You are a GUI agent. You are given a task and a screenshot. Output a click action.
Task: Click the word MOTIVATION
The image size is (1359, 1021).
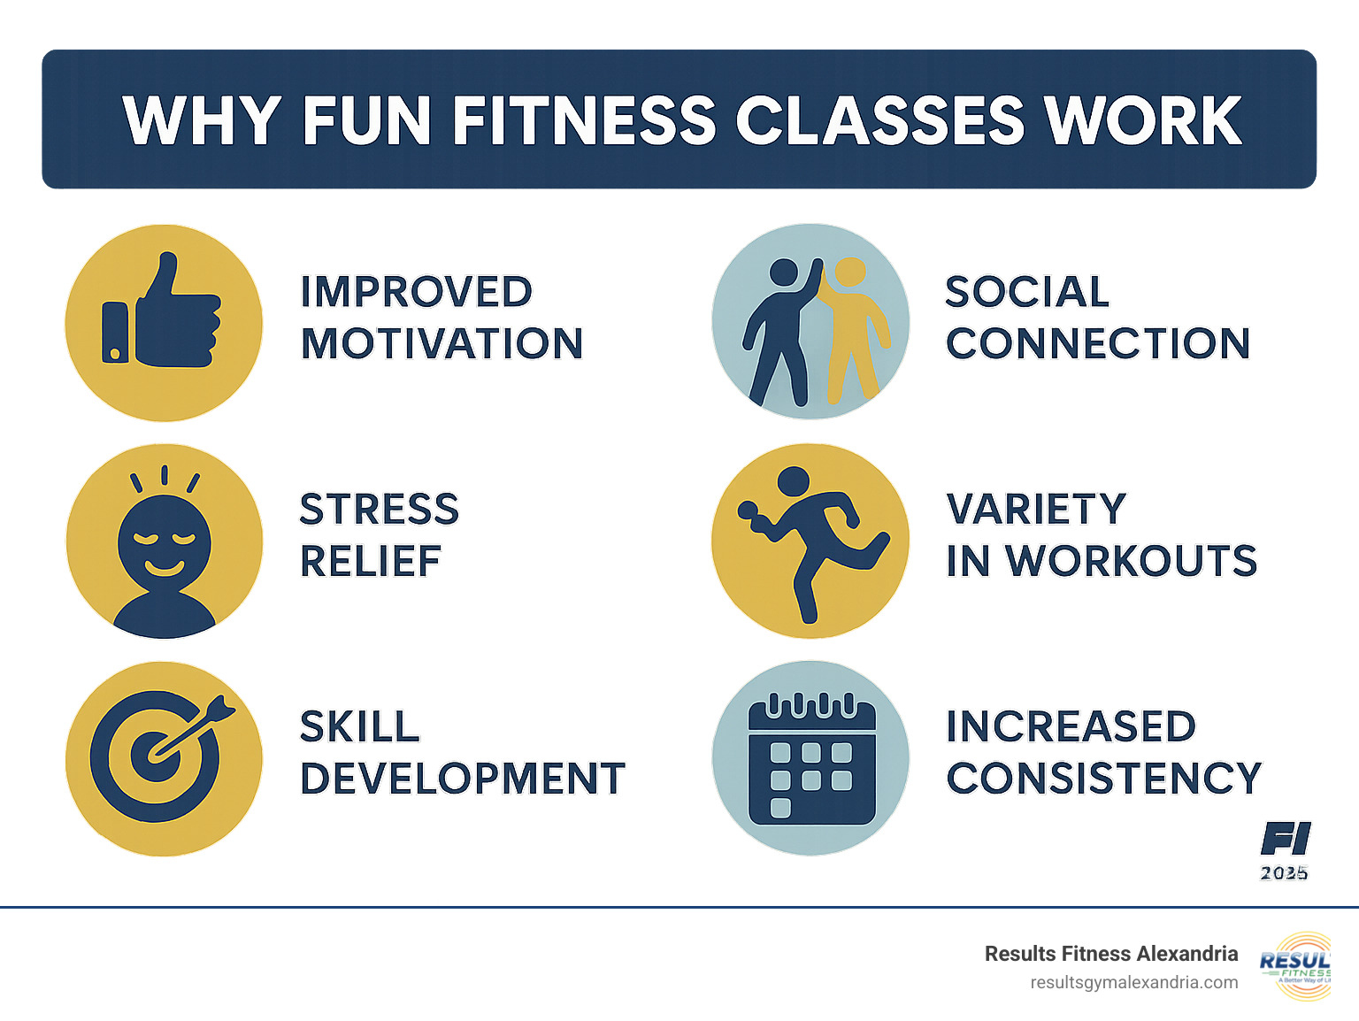[441, 343]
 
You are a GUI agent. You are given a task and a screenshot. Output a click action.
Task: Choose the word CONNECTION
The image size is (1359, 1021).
[1097, 343]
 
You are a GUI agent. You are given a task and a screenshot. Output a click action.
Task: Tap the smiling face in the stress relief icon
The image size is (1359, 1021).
[165, 540]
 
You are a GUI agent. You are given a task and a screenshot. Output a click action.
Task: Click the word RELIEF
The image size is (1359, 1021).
[371, 561]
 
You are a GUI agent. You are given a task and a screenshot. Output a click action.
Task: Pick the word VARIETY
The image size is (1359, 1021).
[1036, 510]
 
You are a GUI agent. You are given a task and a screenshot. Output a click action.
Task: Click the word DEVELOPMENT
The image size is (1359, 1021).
[463, 779]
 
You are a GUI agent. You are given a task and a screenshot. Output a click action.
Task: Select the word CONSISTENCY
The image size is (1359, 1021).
[1103, 779]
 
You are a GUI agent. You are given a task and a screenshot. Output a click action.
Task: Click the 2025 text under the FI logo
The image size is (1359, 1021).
[1284, 873]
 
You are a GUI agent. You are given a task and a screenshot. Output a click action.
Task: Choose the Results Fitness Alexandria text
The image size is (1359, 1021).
[1110, 954]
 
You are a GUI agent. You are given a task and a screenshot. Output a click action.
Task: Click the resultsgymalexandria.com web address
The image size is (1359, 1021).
[1133, 982]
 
